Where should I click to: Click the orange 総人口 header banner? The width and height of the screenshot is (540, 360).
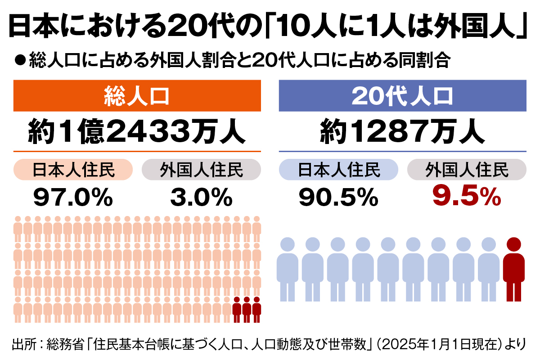pyautogui.click(x=137, y=95)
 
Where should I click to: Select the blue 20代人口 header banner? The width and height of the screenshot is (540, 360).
pyautogui.click(x=402, y=95)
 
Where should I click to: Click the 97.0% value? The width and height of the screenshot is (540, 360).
pyautogui.click(x=73, y=197)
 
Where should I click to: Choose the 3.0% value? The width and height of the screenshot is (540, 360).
pyautogui.click(x=201, y=197)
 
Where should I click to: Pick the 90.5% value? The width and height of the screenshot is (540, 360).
pyautogui.click(x=338, y=197)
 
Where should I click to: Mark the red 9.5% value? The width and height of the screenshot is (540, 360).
pyautogui.click(x=466, y=197)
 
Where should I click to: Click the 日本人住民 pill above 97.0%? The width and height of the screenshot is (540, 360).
pyautogui.click(x=73, y=170)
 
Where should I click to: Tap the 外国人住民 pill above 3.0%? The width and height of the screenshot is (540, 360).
pyautogui.click(x=201, y=170)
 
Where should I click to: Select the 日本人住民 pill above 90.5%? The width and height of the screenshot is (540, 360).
pyautogui.click(x=338, y=170)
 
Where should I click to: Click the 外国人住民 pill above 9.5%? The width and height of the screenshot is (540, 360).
pyautogui.click(x=467, y=170)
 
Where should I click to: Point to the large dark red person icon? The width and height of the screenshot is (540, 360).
pyautogui.click(x=513, y=270)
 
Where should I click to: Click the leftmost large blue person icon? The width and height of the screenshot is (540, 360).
pyautogui.click(x=288, y=270)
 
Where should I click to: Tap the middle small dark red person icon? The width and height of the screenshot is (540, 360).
pyautogui.click(x=247, y=309)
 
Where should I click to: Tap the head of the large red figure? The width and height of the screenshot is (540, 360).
pyautogui.click(x=513, y=245)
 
